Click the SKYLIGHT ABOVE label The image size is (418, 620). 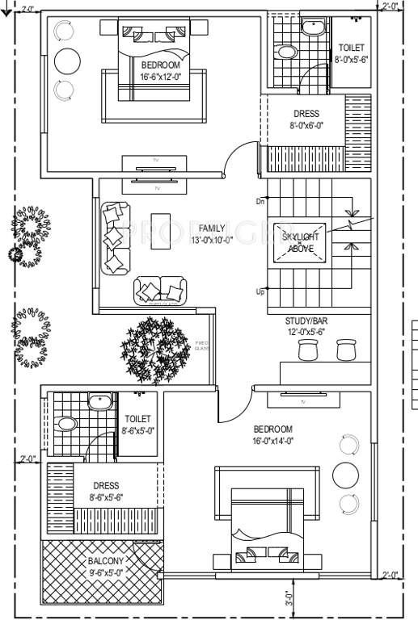point(300,242)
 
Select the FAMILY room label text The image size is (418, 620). point(212,235)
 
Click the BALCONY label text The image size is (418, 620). point(106,566)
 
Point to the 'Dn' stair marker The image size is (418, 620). point(260,201)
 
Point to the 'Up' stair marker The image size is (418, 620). point(260,291)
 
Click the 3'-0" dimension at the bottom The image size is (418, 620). point(289,600)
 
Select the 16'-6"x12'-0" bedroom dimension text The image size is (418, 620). point(162,77)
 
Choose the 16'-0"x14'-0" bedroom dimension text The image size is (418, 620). point(273,440)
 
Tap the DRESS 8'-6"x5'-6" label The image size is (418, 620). point(106,492)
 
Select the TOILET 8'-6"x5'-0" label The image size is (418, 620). point(137,425)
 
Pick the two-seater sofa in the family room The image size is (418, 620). point(159,290)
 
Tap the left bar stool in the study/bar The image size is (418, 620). point(308,350)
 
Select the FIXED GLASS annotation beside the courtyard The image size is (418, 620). point(202,346)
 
